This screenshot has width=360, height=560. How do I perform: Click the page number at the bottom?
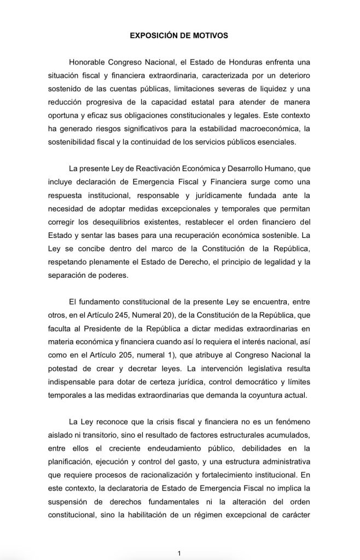click(180, 553)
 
